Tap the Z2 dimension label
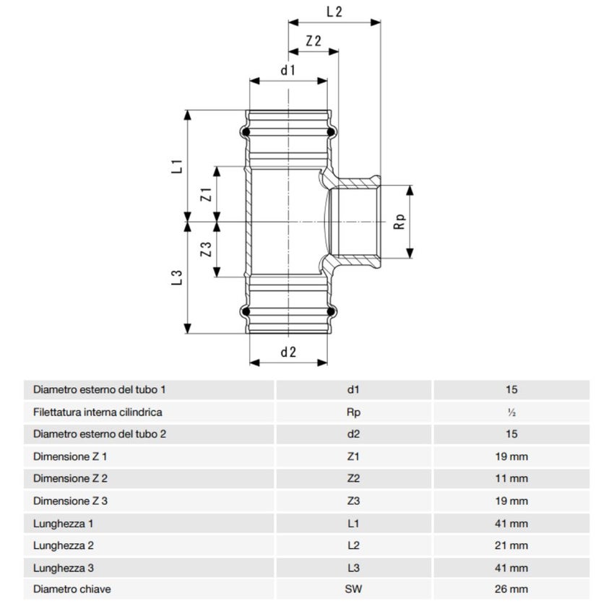click(x=314, y=41)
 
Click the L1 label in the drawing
click(x=176, y=165)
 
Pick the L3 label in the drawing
click(x=176, y=278)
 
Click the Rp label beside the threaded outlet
click(x=399, y=222)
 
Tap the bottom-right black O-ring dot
click(x=332, y=312)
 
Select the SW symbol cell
click(x=353, y=589)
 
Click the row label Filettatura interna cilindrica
click(x=98, y=412)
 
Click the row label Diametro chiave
click(x=72, y=589)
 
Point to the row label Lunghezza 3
click(x=66, y=567)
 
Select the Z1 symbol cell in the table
click(x=353, y=457)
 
